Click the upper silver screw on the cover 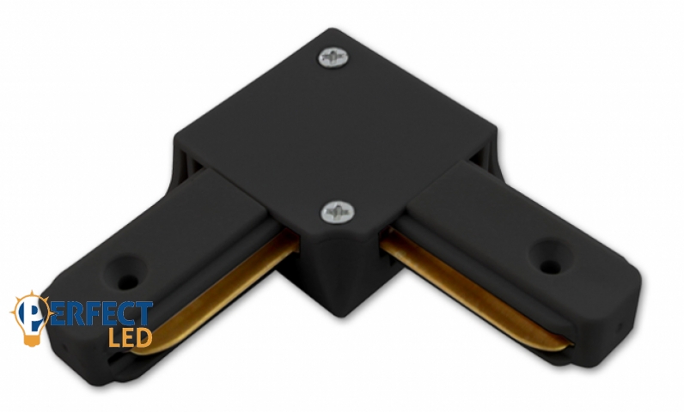click(333, 58)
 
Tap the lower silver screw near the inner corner click(337, 212)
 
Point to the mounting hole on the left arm click(128, 282)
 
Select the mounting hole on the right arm click(551, 265)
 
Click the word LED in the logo click(130, 336)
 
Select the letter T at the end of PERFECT click(144, 312)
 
